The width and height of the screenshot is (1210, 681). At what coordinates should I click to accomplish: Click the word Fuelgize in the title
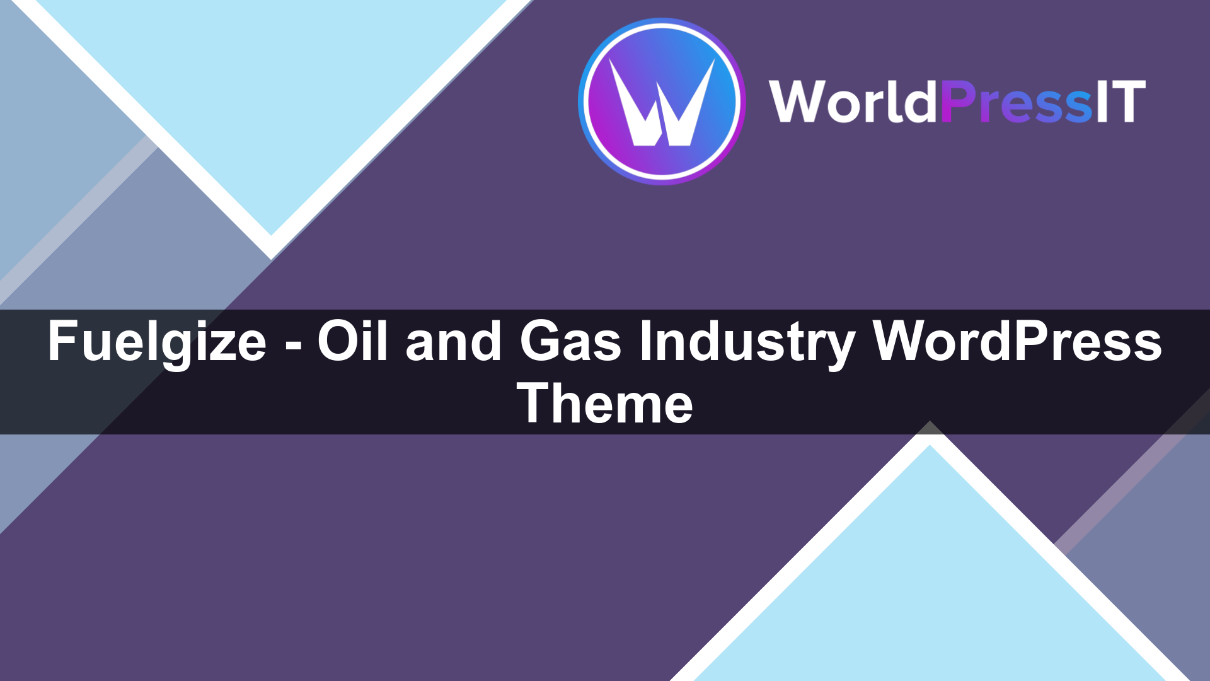[x=157, y=342]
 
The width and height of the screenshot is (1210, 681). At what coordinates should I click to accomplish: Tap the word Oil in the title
[x=352, y=342]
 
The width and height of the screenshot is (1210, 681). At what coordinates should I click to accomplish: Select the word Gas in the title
[x=570, y=342]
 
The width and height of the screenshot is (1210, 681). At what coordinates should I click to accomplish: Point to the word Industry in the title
[x=747, y=342]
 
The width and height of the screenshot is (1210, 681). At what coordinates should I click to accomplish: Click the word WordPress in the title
[x=1017, y=342]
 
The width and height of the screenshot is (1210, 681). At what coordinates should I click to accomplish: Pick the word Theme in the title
[x=605, y=404]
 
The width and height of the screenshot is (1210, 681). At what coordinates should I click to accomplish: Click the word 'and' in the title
[x=453, y=342]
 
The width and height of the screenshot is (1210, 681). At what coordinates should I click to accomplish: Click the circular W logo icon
[x=662, y=101]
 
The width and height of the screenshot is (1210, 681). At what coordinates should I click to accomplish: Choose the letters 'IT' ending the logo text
[x=1121, y=101]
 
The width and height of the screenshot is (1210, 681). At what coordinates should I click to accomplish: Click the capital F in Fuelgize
[x=62, y=342]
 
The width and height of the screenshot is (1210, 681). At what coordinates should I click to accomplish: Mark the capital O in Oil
[x=335, y=342]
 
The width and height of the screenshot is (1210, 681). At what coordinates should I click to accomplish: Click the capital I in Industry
[x=645, y=342]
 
